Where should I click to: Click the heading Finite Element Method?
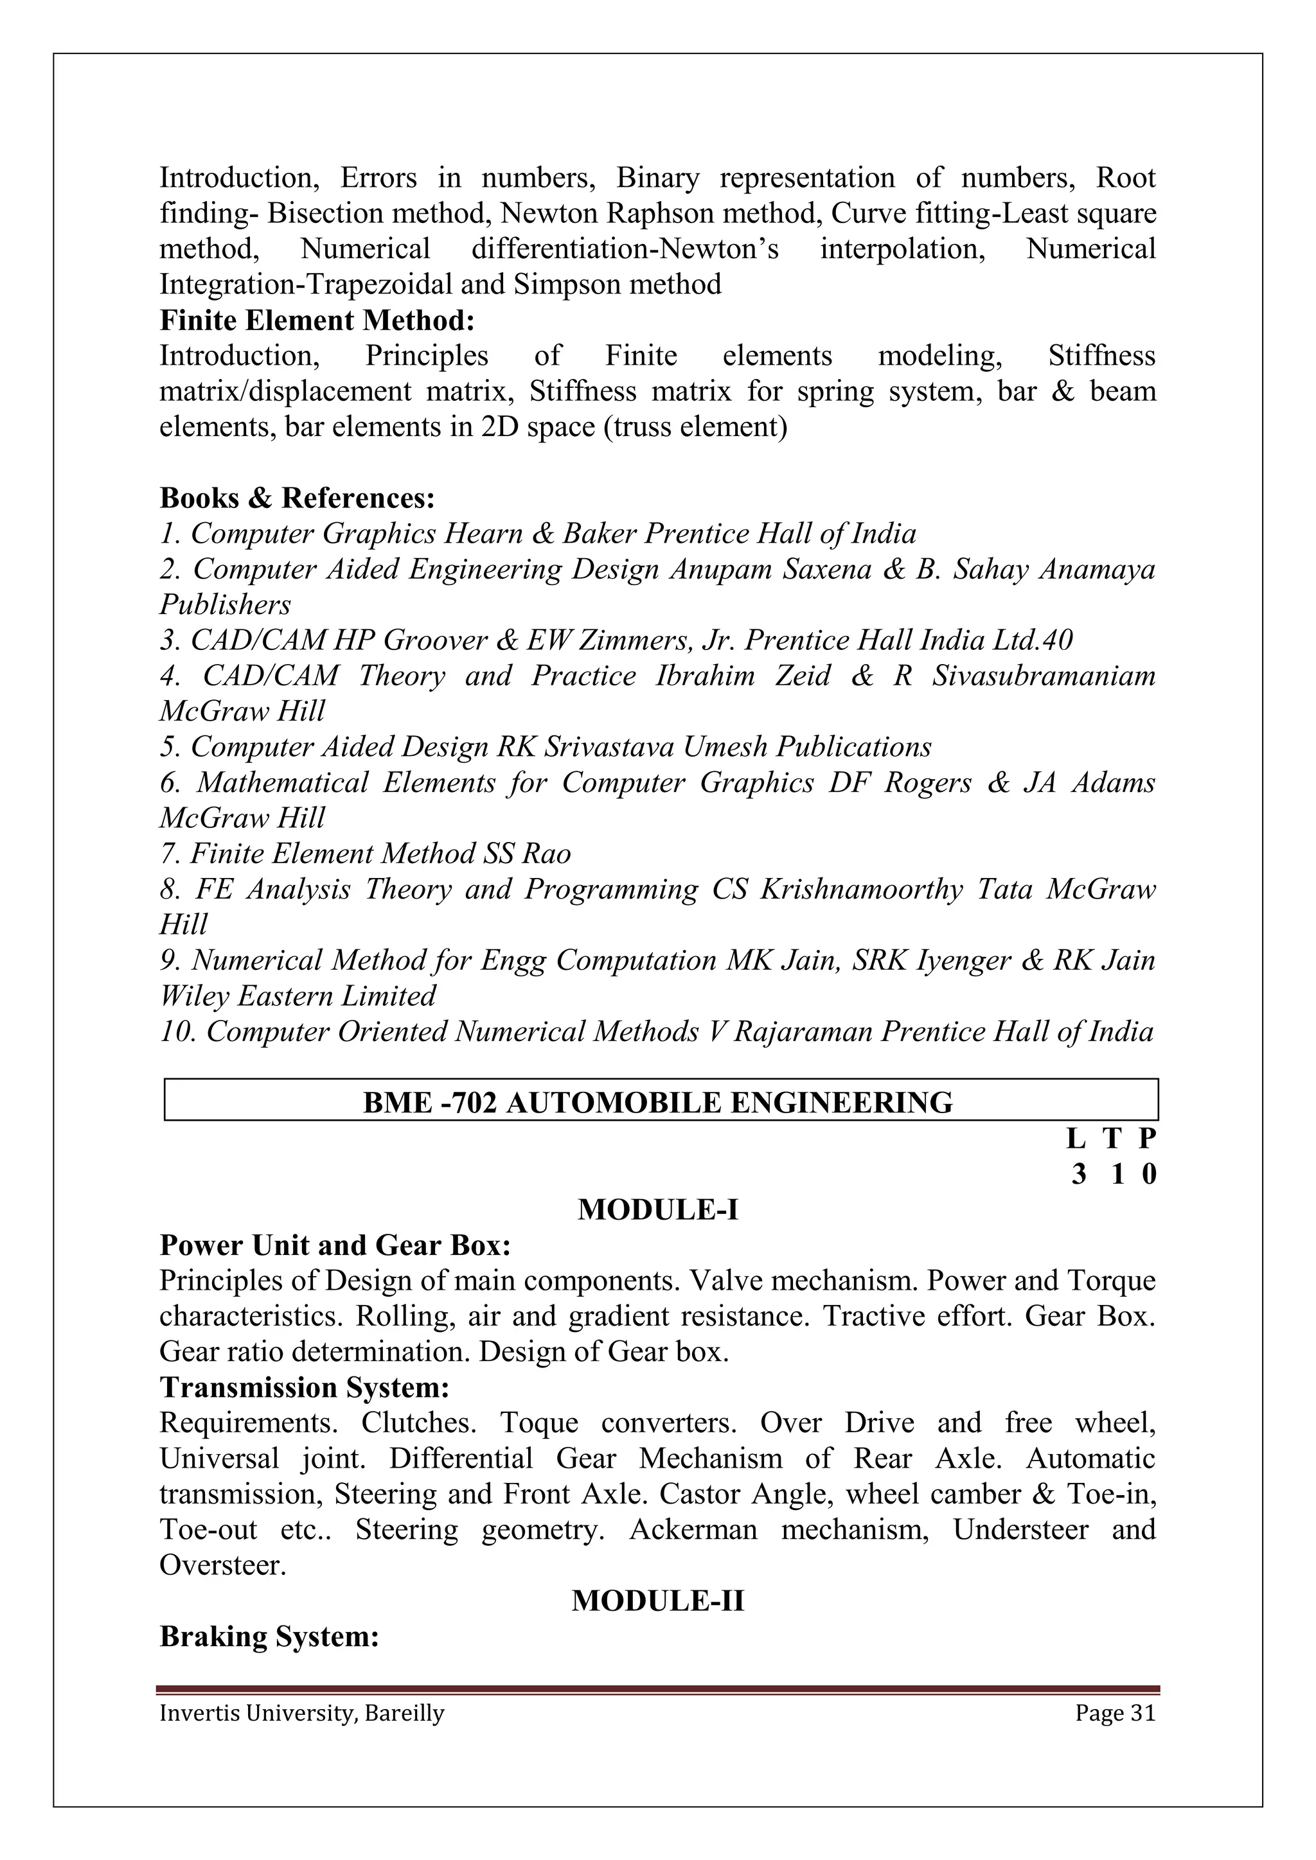(317, 320)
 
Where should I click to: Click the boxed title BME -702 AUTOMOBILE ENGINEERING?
(657, 1103)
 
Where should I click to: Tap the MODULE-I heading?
(657, 1209)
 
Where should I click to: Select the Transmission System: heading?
(304, 1388)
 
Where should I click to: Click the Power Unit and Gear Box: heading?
(335, 1245)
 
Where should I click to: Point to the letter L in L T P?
(1075, 1139)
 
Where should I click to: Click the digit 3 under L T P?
(1078, 1175)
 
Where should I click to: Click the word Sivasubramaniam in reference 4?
(1043, 676)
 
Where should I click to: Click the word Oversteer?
(222, 1565)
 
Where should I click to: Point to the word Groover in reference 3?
(434, 641)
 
